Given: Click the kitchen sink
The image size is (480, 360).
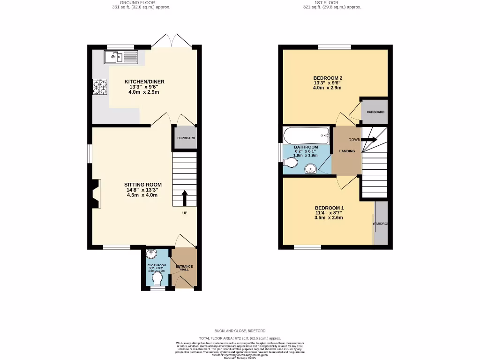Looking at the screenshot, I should [120, 57].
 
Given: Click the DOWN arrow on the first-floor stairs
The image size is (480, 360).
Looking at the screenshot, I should [369, 139].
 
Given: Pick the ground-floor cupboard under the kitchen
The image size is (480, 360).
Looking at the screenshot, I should [186, 138].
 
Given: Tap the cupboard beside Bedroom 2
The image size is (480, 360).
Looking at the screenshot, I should [375, 112].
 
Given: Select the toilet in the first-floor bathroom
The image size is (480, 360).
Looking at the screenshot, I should [291, 163].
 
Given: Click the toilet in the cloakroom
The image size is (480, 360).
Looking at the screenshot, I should [157, 279].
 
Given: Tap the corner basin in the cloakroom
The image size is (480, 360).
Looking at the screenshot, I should [152, 255].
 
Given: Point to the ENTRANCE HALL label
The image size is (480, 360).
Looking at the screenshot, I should [184, 268].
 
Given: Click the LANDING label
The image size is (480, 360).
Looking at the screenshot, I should [347, 151].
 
